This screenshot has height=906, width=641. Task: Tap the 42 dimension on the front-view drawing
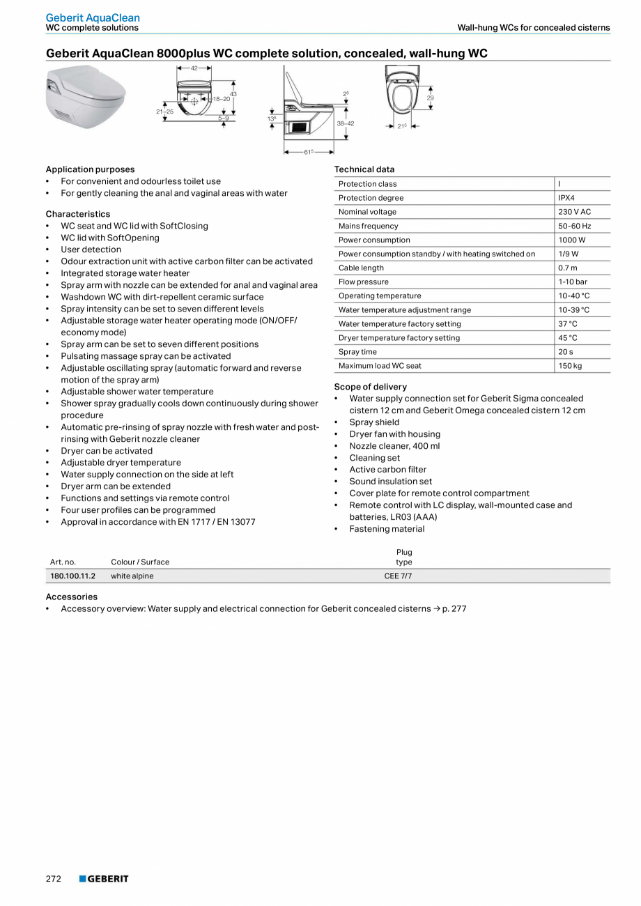coord(194,68)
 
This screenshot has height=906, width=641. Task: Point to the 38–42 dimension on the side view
coord(345,123)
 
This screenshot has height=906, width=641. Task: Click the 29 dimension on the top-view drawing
coord(430,98)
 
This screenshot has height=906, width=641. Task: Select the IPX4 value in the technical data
coord(566,198)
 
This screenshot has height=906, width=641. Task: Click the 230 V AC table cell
coord(574,212)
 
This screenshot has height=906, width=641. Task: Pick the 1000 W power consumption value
coord(571,240)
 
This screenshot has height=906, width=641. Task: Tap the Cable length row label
coord(361,268)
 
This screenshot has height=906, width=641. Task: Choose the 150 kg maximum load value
coord(569,365)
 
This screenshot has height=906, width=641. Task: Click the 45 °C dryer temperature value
coord(567,337)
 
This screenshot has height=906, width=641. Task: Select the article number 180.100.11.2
coord(72,576)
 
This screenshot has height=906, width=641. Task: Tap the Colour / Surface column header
coord(140,562)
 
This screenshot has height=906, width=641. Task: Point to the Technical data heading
coord(364,169)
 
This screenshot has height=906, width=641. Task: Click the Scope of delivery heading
coord(370,387)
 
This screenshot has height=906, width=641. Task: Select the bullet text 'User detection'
coord(91,249)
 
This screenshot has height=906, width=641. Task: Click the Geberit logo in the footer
coord(104,879)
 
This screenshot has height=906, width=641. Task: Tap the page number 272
coord(54,879)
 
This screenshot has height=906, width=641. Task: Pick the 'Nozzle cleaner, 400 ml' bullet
coord(394,446)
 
